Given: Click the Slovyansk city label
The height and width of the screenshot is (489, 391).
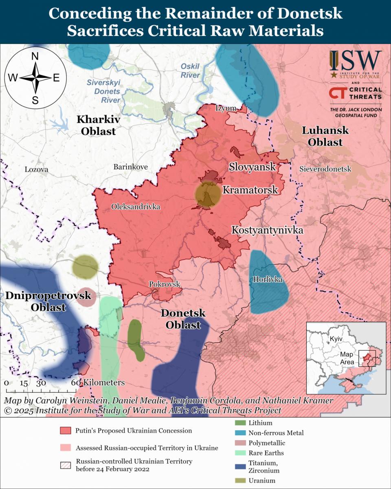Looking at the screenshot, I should tap(252, 166).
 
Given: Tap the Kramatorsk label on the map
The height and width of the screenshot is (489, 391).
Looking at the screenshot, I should tap(250, 189).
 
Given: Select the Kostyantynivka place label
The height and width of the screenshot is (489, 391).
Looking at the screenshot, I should tap(267, 230).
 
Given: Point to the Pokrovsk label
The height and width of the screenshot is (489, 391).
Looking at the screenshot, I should tap(165, 284).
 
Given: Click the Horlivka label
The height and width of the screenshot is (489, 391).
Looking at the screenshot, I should tap(268, 280).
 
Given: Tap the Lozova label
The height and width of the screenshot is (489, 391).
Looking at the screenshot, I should tap(36, 170).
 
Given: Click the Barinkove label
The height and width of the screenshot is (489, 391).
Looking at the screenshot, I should tap(130, 167).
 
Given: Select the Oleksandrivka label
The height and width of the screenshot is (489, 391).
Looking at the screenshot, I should tap(136, 207).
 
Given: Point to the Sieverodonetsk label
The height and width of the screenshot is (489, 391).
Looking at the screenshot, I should tap(325, 169).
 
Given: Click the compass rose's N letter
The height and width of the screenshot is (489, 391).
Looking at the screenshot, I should tap(35, 57).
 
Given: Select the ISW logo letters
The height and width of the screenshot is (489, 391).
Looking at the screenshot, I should tap(355, 61).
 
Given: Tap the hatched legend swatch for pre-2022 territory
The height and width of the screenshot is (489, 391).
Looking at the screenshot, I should tap(66, 465).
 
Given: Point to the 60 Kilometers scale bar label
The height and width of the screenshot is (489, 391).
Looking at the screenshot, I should tap(98, 383).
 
